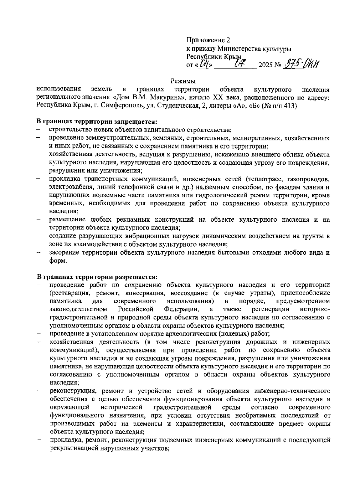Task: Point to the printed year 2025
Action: (265, 65)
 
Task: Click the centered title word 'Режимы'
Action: (183, 81)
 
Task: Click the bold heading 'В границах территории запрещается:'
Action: (97, 122)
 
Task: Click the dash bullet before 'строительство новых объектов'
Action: (39, 130)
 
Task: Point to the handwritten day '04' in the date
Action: (205, 64)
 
